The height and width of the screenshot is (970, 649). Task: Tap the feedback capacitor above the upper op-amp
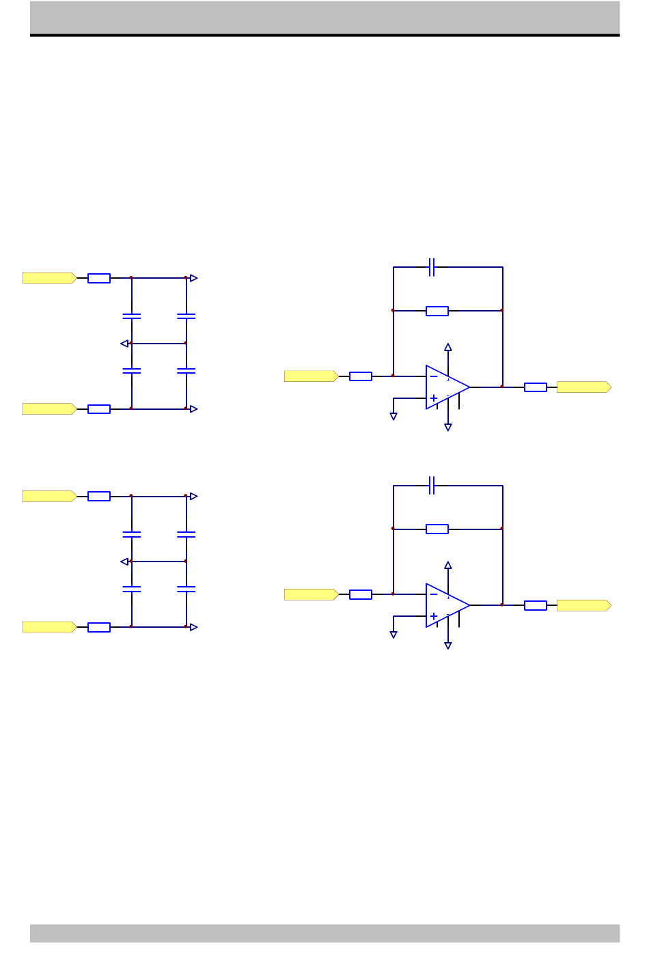coord(432,267)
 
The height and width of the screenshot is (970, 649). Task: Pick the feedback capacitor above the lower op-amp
coord(432,486)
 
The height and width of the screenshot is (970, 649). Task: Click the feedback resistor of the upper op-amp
coord(437,311)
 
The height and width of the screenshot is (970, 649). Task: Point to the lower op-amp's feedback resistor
coord(437,529)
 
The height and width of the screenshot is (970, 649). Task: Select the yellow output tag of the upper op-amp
coord(583,387)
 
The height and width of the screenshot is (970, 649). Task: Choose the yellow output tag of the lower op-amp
coord(583,605)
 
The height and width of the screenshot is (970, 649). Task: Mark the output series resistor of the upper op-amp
coord(536,387)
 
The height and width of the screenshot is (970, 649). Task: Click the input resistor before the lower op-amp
coord(361,594)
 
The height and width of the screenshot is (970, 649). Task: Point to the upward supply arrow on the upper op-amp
coord(448,347)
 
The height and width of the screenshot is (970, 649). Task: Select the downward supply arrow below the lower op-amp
coord(448,646)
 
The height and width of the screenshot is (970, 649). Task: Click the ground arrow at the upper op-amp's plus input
coord(393,416)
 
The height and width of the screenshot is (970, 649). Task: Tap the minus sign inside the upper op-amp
coord(434,377)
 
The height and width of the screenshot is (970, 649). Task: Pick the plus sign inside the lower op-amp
coord(434,616)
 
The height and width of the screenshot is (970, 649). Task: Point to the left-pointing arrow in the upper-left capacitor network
coord(124,344)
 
